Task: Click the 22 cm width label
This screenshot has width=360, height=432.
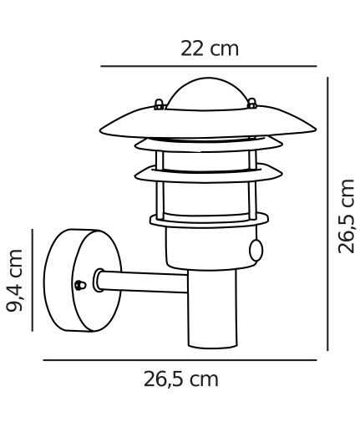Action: [210, 48]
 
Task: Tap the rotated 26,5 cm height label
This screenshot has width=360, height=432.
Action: [345, 215]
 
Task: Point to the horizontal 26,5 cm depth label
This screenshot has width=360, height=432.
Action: [180, 379]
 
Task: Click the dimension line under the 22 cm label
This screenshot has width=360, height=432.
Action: [209, 65]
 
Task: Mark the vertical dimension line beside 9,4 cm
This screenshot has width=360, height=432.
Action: [33, 279]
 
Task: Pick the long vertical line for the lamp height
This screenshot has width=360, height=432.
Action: [327, 214]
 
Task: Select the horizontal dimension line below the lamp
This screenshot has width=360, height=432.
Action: [180, 360]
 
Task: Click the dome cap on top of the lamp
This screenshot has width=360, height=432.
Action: [204, 92]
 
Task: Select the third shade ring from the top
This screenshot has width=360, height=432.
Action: [205, 174]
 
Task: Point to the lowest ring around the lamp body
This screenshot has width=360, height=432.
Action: [205, 221]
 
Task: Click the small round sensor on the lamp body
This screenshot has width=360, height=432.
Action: [256, 250]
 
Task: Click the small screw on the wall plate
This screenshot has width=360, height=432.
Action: [79, 284]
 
